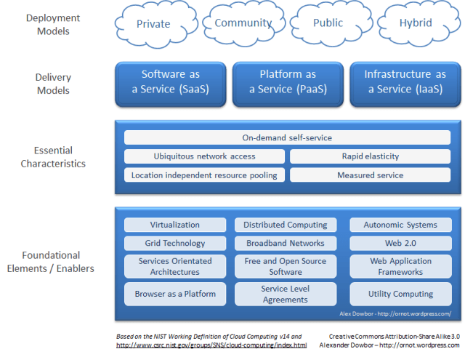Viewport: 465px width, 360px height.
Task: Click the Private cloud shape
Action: click(153, 24)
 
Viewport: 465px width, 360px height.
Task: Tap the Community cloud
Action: click(243, 23)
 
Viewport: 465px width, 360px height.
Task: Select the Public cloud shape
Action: click(328, 23)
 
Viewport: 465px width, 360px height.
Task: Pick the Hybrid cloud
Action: click(416, 23)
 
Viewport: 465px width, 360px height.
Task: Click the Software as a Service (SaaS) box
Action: click(170, 81)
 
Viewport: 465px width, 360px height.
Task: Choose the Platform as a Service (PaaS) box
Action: click(288, 81)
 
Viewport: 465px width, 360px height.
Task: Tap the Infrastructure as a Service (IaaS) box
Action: click(405, 81)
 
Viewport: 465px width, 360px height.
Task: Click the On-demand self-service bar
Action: click(287, 137)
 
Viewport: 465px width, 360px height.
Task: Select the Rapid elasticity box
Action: click(370, 156)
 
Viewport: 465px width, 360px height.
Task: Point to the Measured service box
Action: click(370, 175)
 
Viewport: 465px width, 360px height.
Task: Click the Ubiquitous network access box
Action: click(204, 156)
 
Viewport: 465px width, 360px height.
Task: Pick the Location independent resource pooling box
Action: click(204, 175)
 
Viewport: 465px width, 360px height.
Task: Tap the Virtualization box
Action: click(174, 225)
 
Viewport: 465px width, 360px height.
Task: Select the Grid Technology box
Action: click(174, 243)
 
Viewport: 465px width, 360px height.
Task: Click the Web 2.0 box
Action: click(400, 243)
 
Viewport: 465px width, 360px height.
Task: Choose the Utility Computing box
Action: click(400, 294)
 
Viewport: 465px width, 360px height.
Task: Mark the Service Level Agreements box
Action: click(286, 294)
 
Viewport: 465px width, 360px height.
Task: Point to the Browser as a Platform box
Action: click(174, 294)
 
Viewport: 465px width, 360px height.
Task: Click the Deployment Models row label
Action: click(52, 25)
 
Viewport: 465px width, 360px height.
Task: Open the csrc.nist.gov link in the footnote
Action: click(211, 345)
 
